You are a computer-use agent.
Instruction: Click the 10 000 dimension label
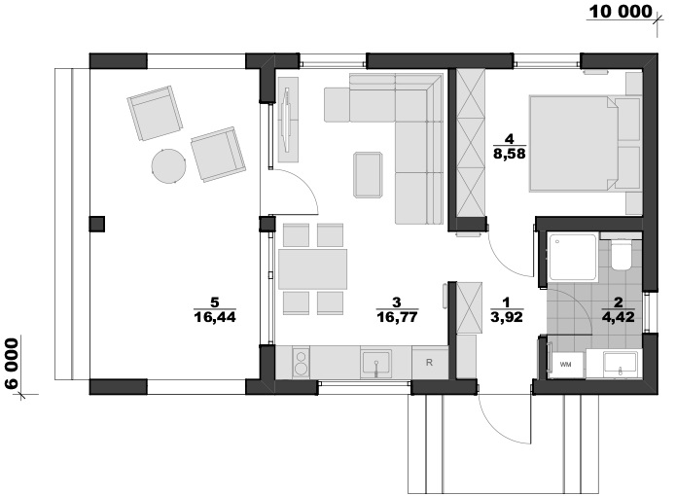(x=621, y=12)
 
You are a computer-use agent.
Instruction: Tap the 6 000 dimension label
(x=12, y=364)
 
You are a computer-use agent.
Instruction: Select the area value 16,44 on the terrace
(x=215, y=317)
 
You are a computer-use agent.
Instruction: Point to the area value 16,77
(x=397, y=317)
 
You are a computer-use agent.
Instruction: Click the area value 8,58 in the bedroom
(x=510, y=154)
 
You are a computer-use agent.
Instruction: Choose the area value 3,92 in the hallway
(x=507, y=317)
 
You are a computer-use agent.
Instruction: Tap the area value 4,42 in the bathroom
(x=619, y=317)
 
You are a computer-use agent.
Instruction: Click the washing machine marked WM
(x=566, y=365)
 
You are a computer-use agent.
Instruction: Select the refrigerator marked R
(x=429, y=363)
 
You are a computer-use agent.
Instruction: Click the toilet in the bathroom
(x=622, y=256)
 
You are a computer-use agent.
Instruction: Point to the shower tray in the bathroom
(x=574, y=257)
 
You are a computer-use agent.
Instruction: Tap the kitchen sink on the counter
(x=376, y=364)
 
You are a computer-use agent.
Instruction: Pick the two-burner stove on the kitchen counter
(x=301, y=363)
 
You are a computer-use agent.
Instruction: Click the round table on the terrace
(x=168, y=166)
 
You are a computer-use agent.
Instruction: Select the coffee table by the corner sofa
(x=368, y=175)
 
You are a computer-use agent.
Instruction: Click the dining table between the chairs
(x=313, y=268)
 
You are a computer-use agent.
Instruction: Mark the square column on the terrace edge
(x=97, y=224)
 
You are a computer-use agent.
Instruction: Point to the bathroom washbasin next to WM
(x=621, y=364)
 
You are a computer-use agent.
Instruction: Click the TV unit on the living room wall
(x=288, y=120)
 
